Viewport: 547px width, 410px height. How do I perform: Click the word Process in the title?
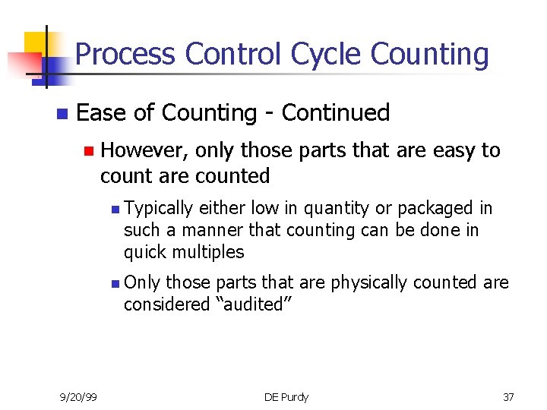point(126,55)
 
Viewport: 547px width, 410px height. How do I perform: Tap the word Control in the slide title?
point(232,55)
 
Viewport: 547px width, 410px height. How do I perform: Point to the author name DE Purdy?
point(286,397)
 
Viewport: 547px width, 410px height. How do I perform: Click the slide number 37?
point(508,397)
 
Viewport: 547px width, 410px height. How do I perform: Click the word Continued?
point(335,113)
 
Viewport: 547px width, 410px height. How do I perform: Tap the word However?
point(144,150)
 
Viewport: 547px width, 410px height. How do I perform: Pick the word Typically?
point(159,208)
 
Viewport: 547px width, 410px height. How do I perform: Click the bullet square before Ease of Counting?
point(61,114)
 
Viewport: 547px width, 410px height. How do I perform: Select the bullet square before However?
point(88,151)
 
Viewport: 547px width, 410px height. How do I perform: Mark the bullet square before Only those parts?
point(114,283)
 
